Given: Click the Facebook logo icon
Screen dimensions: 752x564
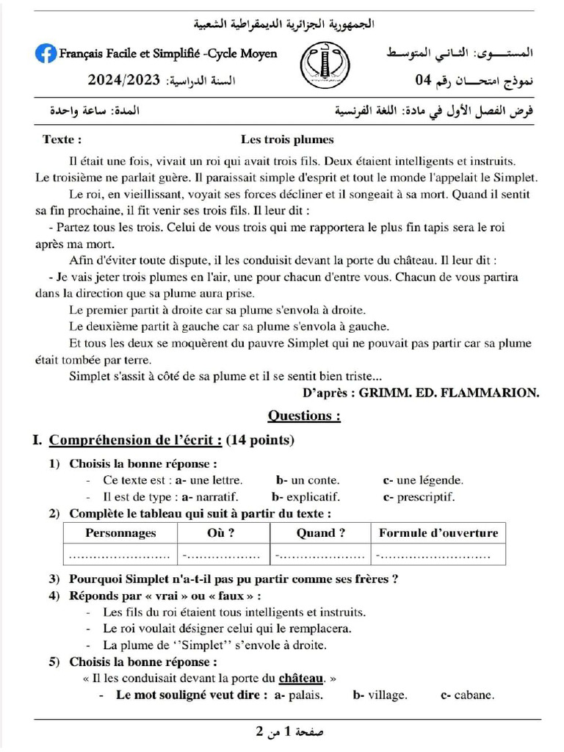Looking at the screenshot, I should click(x=46, y=54).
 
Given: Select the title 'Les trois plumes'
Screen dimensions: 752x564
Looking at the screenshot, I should click(x=287, y=140).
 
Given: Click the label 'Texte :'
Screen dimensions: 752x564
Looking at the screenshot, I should click(x=62, y=140).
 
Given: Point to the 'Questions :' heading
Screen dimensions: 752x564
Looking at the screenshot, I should click(x=304, y=416).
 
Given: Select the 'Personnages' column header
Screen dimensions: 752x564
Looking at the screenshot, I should click(x=120, y=533).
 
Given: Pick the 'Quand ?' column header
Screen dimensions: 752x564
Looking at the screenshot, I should click(x=320, y=533).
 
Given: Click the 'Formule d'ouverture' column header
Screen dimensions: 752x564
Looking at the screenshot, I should click(x=438, y=533).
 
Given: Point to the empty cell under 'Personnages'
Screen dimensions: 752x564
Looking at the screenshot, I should click(x=120, y=554).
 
